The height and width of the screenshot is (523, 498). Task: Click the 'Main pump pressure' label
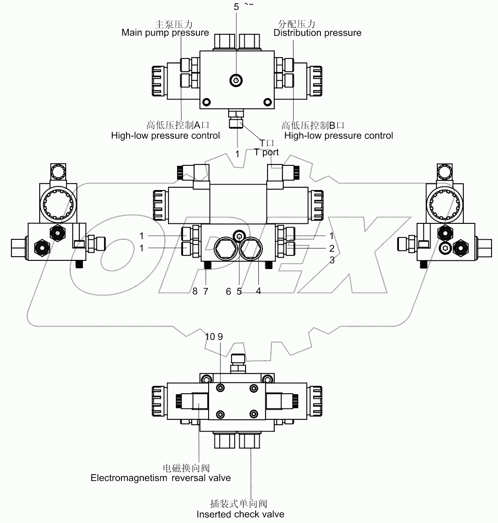pyautogui.click(x=165, y=33)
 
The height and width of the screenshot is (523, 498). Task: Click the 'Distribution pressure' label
pyautogui.click(x=317, y=33)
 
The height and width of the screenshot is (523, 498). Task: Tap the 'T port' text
pyautogui.click(x=267, y=153)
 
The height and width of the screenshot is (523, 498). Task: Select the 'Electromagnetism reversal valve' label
pyautogui.click(x=161, y=478)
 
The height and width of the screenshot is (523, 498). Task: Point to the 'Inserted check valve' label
pyautogui.click(x=240, y=514)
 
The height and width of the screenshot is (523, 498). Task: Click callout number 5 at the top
pyautogui.click(x=236, y=7)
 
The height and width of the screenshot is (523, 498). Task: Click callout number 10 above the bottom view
pyautogui.click(x=210, y=337)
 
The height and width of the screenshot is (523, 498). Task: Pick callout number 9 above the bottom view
pyautogui.click(x=220, y=337)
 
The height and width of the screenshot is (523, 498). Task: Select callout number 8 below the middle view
pyautogui.click(x=195, y=292)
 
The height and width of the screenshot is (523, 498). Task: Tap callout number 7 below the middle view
pyautogui.click(x=205, y=292)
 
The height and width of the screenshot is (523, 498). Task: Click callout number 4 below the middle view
pyautogui.click(x=258, y=292)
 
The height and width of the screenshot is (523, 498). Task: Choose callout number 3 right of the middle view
pyautogui.click(x=332, y=260)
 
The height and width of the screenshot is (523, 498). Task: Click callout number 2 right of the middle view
pyautogui.click(x=332, y=248)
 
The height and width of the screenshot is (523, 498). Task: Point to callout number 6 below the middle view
pyautogui.click(x=228, y=292)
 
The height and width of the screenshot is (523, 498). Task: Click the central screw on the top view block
pyautogui.click(x=236, y=81)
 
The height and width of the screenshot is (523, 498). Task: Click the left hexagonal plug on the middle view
pyautogui.click(x=225, y=248)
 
